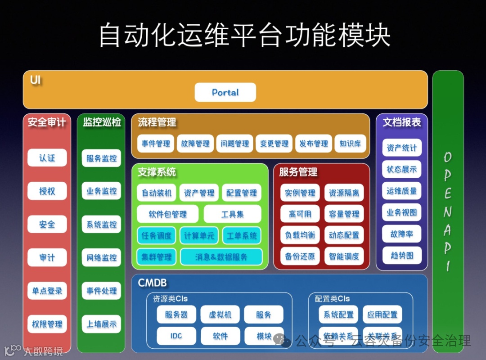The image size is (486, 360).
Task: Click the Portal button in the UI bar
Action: (x=225, y=92)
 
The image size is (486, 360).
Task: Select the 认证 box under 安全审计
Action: (x=47, y=158)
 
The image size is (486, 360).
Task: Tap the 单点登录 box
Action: (x=47, y=291)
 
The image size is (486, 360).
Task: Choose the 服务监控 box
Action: (x=101, y=158)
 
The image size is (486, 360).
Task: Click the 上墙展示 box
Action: (x=101, y=324)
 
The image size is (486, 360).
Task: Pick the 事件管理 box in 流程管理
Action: (x=156, y=144)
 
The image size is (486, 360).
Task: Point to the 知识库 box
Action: (x=350, y=144)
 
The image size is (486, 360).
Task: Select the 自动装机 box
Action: (x=156, y=193)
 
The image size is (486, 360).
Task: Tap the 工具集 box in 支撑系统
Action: (x=232, y=214)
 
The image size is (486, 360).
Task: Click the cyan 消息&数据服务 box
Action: (x=221, y=257)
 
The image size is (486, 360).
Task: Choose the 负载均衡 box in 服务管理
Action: (x=300, y=235)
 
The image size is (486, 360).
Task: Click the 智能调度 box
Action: (x=344, y=256)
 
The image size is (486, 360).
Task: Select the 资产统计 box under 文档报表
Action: (x=401, y=148)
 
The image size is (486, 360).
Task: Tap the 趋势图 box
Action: (x=401, y=256)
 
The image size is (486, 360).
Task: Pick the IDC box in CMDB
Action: (x=176, y=336)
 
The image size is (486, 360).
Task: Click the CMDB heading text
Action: (x=152, y=283)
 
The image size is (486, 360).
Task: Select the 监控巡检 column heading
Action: (x=102, y=122)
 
